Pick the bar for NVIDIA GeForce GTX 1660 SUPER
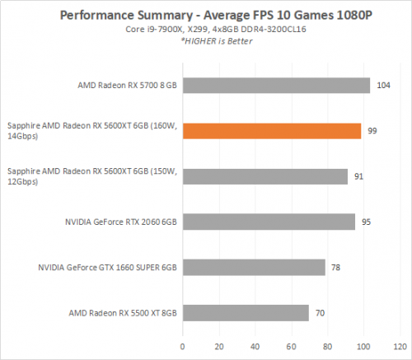255,267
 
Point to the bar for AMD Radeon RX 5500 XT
247,312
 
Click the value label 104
382,86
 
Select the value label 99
372,131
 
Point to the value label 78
337,267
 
